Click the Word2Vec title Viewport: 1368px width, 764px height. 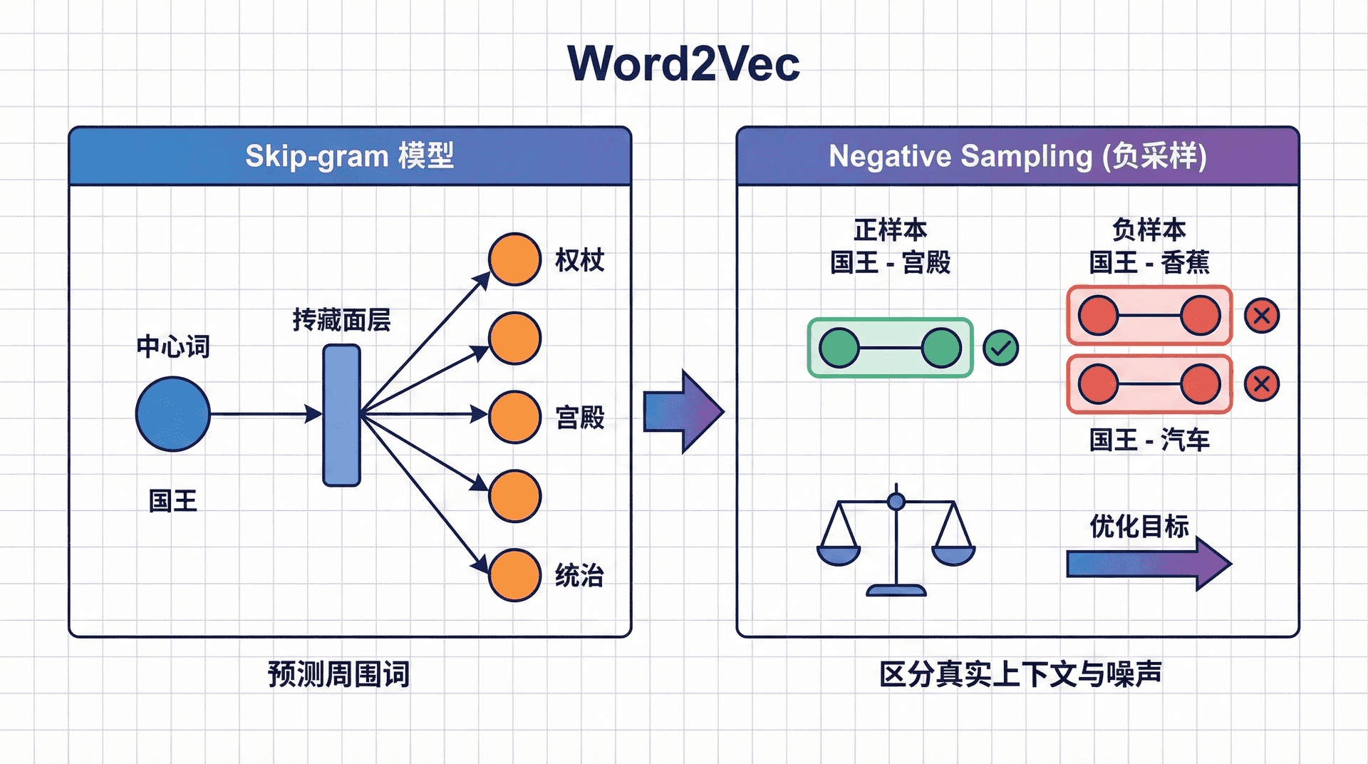click(x=683, y=64)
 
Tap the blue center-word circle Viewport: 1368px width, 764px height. click(x=173, y=414)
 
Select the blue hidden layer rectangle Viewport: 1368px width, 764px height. click(x=341, y=415)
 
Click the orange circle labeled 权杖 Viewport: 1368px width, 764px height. click(x=514, y=259)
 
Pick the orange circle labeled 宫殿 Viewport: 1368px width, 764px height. click(x=514, y=417)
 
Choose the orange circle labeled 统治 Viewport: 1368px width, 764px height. click(x=514, y=575)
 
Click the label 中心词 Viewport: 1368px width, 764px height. click(x=173, y=347)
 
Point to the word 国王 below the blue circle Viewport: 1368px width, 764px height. click(x=173, y=501)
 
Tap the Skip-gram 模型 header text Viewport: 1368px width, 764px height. click(x=349, y=156)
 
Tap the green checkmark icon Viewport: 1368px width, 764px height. click(x=1000, y=348)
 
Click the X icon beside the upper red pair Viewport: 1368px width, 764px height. click(x=1262, y=316)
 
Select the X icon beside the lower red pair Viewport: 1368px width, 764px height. click(x=1262, y=384)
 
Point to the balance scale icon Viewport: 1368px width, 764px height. click(x=896, y=542)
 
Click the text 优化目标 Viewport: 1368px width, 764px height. click(x=1139, y=527)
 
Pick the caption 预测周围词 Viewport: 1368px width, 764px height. click(x=338, y=674)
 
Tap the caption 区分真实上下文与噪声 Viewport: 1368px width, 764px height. click(x=1020, y=674)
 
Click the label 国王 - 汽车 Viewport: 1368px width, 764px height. click(x=1149, y=440)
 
